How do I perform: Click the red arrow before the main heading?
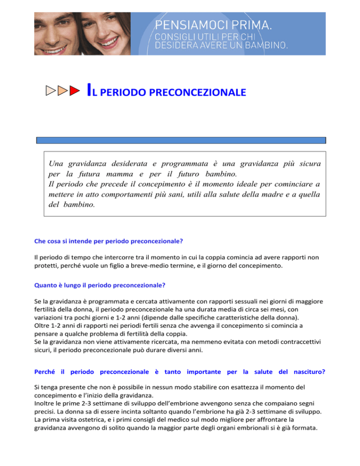74,91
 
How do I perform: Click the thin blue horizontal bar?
181,140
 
